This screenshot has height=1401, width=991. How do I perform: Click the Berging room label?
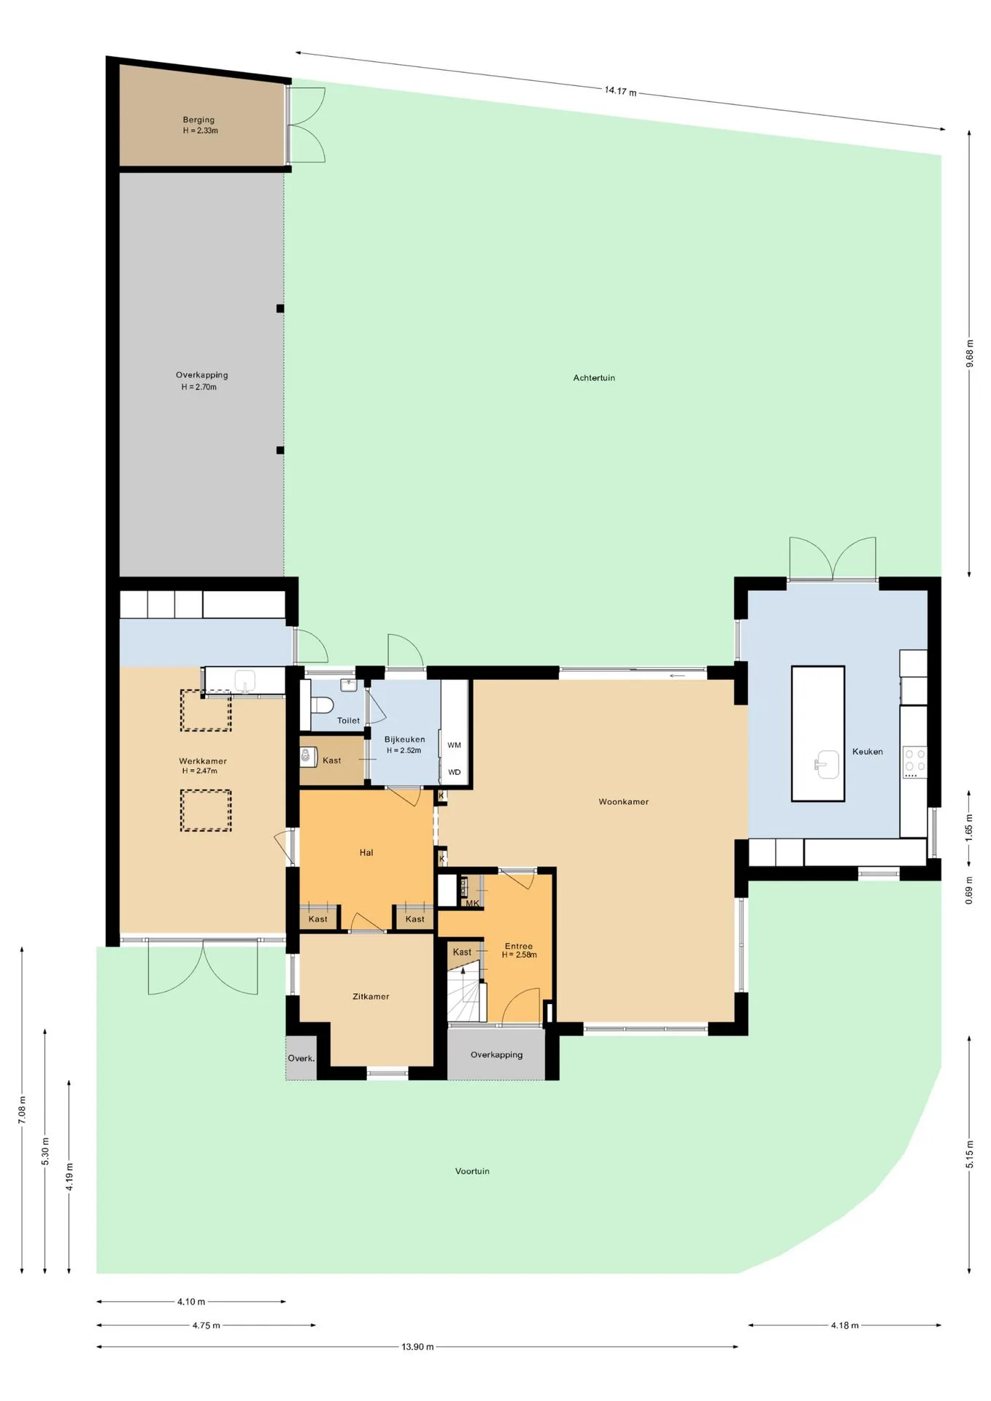point(198,120)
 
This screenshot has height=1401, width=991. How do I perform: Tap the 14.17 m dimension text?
point(620,91)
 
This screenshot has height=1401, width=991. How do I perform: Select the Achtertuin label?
point(594,378)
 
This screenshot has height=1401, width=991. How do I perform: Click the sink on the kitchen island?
point(827,764)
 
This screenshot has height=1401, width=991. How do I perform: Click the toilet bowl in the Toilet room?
point(322,705)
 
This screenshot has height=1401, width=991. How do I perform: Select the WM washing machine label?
point(454,745)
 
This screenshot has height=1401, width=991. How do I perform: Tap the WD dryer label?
point(454,772)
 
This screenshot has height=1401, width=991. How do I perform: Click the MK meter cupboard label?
point(472,903)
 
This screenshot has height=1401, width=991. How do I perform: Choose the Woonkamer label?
point(623,801)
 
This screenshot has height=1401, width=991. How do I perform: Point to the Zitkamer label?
point(371,996)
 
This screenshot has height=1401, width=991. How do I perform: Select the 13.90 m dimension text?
point(417,1346)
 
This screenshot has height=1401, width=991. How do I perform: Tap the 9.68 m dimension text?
point(969,353)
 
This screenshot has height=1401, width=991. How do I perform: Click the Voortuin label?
point(472,1171)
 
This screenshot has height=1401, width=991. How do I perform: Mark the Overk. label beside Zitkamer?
point(301,1058)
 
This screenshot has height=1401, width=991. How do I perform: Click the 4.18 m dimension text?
point(844,1325)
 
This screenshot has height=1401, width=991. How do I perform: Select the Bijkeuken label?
point(404,739)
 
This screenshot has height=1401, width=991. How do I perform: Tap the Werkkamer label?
point(202,761)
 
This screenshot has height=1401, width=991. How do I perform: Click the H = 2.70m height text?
point(199,387)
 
